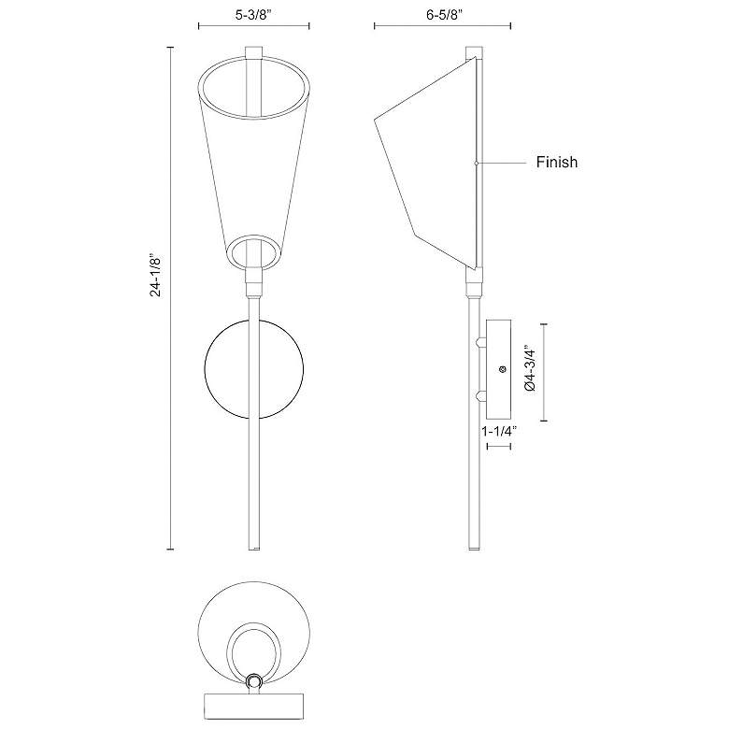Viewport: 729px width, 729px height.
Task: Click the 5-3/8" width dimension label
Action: coord(253,15)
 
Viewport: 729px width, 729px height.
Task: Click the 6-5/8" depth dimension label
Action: coord(444,15)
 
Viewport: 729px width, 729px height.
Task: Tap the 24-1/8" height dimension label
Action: coord(155,275)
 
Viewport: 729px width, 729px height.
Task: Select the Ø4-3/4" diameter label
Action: coord(530,368)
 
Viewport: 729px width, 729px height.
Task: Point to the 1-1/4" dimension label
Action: coord(499,432)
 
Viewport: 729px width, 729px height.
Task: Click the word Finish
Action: coord(556,162)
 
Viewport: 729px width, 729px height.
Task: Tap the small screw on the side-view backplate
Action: coord(502,369)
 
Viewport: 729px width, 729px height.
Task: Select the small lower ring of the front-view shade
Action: coord(253,236)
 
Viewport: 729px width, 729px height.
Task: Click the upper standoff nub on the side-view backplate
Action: coord(480,343)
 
